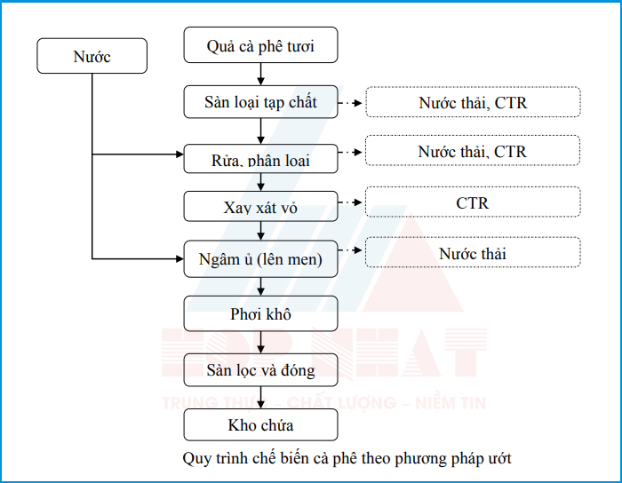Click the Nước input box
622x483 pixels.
[92, 58]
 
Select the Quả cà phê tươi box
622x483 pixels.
[260, 45]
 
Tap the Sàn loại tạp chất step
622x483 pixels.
[260, 102]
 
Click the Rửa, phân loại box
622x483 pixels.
[260, 159]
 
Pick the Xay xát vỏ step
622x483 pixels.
[260, 207]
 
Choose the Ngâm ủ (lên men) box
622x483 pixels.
[260, 258]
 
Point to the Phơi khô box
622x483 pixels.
[260, 314]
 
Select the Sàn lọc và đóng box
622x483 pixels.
[260, 369]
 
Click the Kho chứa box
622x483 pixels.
[260, 425]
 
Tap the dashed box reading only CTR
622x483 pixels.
[473, 203]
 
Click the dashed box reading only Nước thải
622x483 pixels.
[473, 253]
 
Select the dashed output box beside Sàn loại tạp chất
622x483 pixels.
[473, 102]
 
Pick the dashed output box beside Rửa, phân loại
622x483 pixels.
[473, 151]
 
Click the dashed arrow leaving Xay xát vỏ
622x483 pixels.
[352, 203]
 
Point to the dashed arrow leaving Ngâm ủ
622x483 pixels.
[352, 253]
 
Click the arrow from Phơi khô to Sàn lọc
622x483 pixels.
[260, 343]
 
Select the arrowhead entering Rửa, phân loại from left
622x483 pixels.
[178, 155]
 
